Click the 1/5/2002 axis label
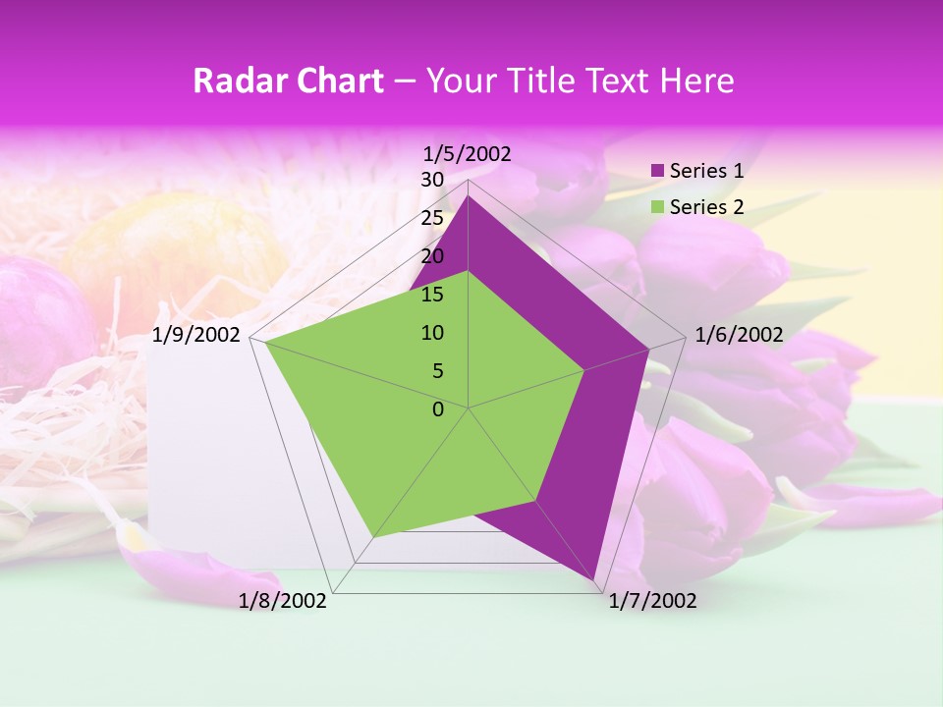coord(468,153)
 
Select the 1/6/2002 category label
coord(739,335)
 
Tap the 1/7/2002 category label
coord(652,601)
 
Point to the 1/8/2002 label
coord(283,601)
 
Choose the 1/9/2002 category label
coord(196,335)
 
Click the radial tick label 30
coord(432,180)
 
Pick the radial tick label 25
coord(432,218)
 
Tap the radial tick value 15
coord(432,295)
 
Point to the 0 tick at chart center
coord(438,409)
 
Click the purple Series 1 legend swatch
coord(658,171)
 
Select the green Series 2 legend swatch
coord(658,207)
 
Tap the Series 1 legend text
coord(706,171)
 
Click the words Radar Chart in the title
coord(288,81)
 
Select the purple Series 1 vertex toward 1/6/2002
coord(649,349)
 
